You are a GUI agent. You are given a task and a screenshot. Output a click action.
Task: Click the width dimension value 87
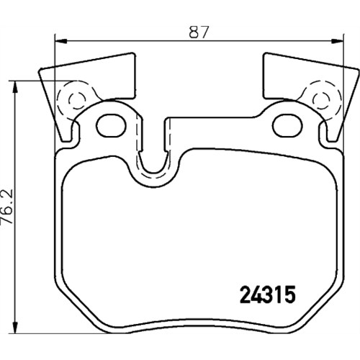click(x=198, y=32)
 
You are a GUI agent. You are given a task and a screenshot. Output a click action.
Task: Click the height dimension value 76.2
click(x=7, y=207)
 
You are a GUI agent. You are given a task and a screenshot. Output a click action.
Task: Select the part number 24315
click(x=268, y=295)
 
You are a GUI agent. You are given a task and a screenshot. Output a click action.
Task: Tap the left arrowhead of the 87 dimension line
click(x=60, y=42)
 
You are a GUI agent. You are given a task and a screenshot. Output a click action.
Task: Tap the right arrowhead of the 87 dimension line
click(x=338, y=42)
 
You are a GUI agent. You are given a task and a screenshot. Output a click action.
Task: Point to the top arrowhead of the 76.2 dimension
click(x=15, y=86)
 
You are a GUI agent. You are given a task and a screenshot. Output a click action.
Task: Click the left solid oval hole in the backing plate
click(x=111, y=126)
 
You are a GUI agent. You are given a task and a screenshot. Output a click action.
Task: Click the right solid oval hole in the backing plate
click(x=287, y=126)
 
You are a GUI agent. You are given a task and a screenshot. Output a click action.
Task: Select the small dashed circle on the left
click(x=77, y=101)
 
